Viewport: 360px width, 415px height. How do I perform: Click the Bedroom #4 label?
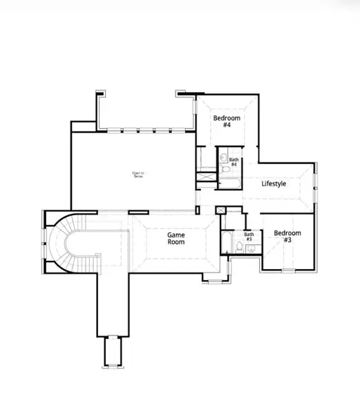pyautogui.click(x=226, y=122)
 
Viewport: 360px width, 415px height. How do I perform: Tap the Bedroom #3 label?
pyautogui.click(x=287, y=237)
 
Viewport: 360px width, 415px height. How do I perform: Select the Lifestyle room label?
pyautogui.click(x=274, y=185)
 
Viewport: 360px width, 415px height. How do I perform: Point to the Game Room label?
pyautogui.click(x=176, y=239)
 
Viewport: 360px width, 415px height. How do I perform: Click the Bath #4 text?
pyautogui.click(x=234, y=162)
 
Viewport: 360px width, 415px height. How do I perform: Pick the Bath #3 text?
pyautogui.click(x=249, y=237)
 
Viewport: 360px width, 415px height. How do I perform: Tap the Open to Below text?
pyautogui.click(x=139, y=174)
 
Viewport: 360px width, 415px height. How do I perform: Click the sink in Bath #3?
pyautogui.click(x=250, y=249)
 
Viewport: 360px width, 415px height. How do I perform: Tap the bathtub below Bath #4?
pyautogui.click(x=227, y=183)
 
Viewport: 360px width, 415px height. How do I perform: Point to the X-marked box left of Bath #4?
pyautogui.click(x=207, y=176)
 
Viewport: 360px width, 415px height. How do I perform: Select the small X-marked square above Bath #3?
pyautogui.click(x=221, y=210)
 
